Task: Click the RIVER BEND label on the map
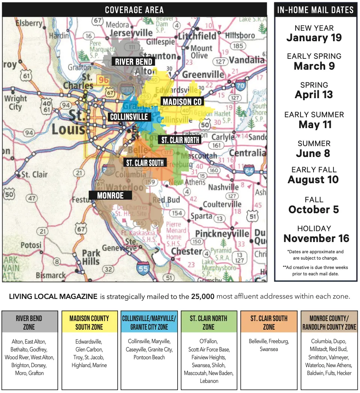tap(133, 62)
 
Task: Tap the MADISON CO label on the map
tap(182, 102)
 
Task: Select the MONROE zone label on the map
tap(111, 195)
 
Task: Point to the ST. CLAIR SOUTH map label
tap(145, 163)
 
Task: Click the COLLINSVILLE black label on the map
tap(129, 117)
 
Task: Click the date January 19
tap(314, 38)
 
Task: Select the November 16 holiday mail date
tap(316, 238)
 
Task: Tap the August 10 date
tap(313, 180)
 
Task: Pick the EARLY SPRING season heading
tap(314, 56)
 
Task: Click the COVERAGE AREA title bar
tap(134, 10)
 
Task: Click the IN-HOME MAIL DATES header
tap(315, 10)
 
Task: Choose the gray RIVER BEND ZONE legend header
tap(29, 323)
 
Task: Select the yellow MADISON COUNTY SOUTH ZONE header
tap(89, 323)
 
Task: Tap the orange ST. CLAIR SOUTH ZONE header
tap(269, 323)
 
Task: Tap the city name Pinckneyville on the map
tap(222, 234)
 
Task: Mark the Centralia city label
tap(247, 153)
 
